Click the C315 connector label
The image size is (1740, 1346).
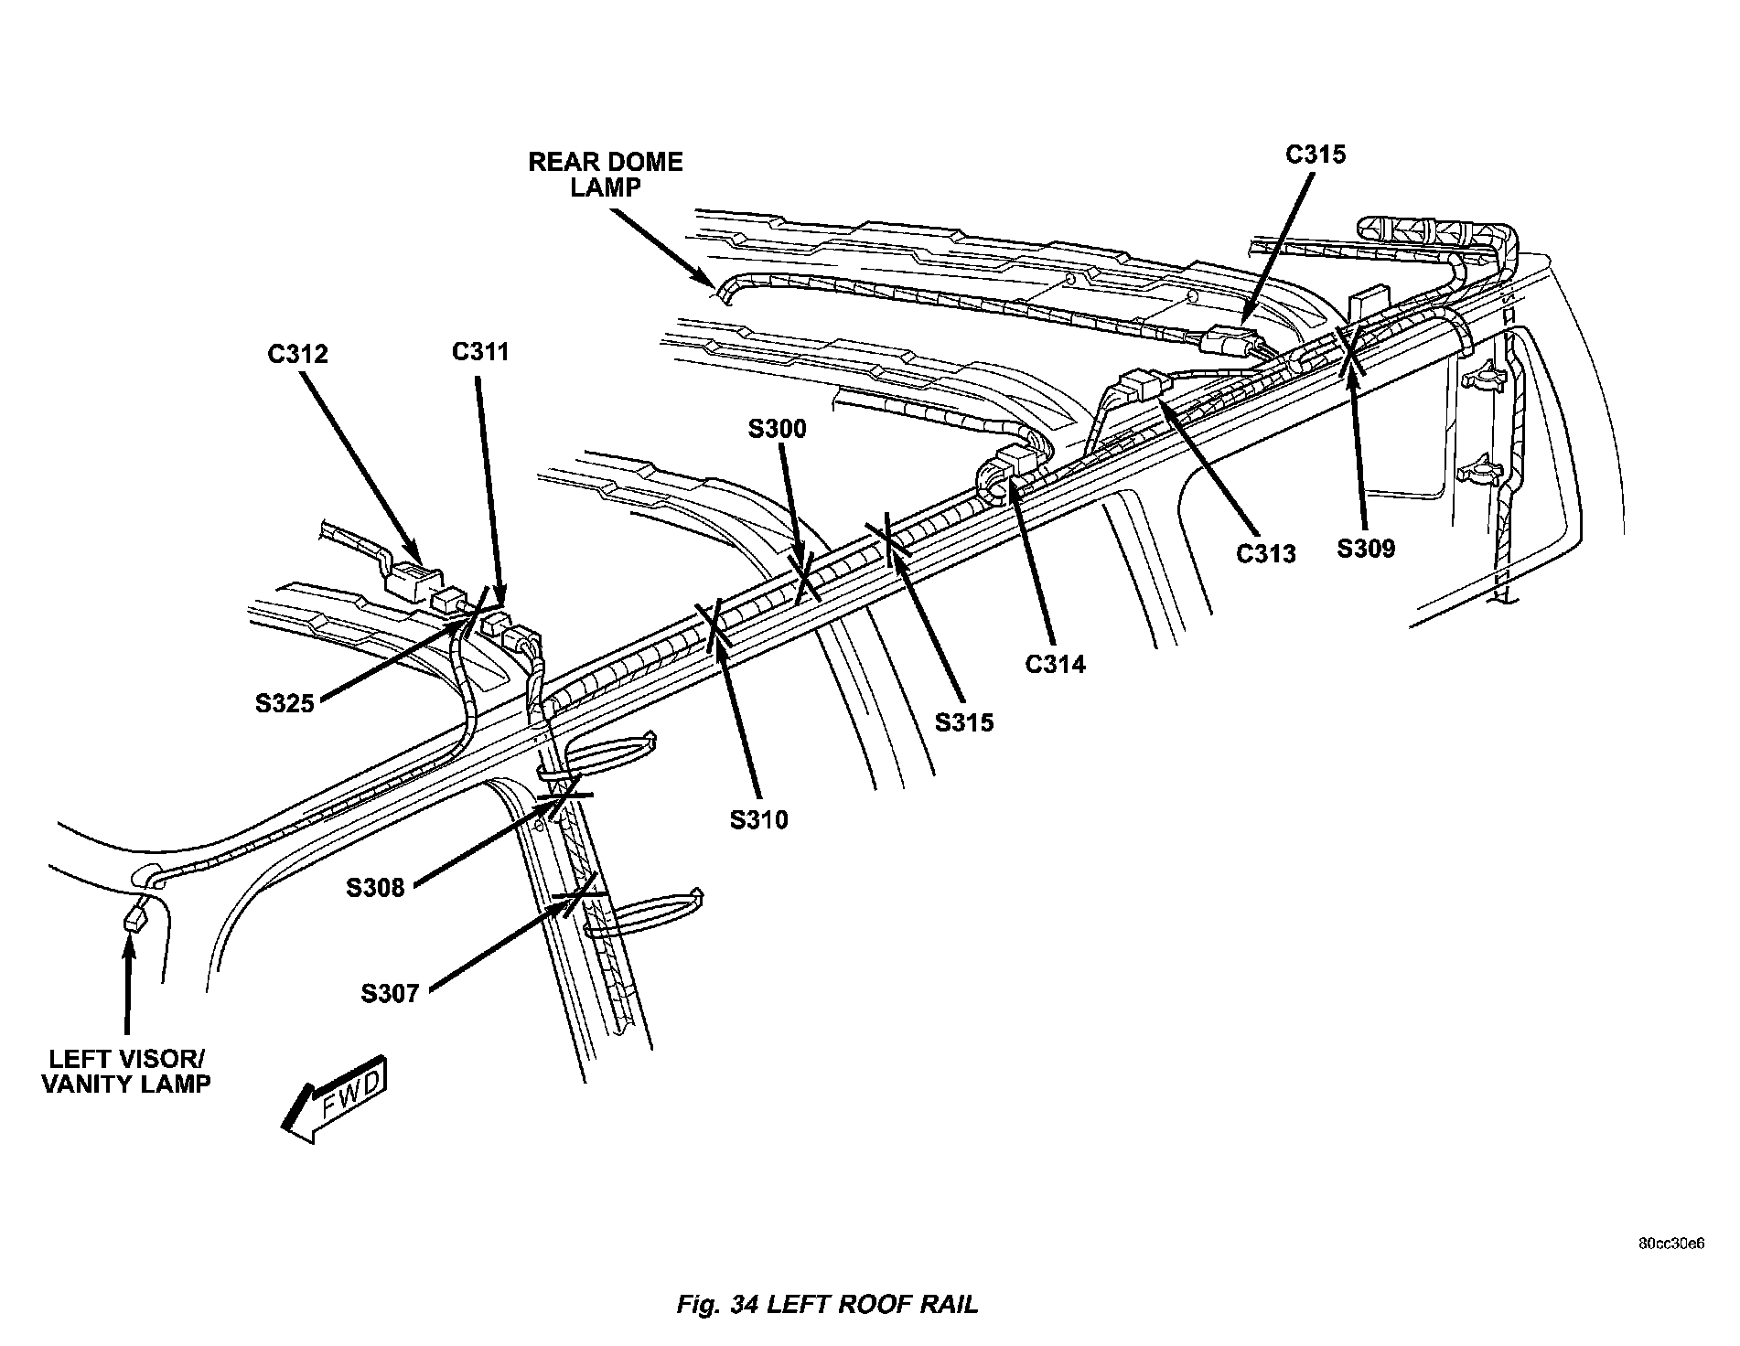click(x=1316, y=155)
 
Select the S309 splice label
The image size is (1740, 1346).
click(x=1366, y=549)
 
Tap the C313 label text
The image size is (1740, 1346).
click(x=1266, y=553)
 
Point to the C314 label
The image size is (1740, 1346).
click(x=1055, y=664)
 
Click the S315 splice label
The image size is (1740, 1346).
click(x=964, y=722)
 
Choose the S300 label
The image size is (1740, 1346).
click(x=778, y=429)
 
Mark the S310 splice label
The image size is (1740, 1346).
click(x=758, y=820)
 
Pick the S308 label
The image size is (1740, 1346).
click(x=375, y=887)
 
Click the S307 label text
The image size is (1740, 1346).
click(x=390, y=993)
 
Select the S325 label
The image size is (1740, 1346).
click(x=285, y=703)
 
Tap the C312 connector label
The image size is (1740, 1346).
click(x=297, y=354)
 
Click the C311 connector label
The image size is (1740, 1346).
click(x=480, y=351)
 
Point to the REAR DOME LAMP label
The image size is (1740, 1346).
click(x=606, y=174)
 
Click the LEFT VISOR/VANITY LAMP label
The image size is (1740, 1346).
click(x=127, y=1072)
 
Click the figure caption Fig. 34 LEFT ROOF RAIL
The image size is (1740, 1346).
click(x=827, y=1304)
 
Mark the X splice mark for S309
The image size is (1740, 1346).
click(x=1349, y=350)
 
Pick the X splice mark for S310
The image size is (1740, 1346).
click(x=714, y=625)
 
